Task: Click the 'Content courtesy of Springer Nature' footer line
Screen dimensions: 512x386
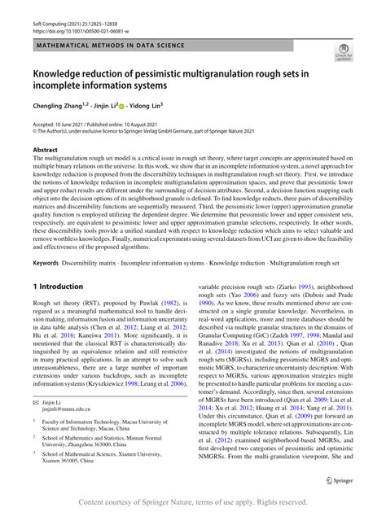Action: pos(193,501)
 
